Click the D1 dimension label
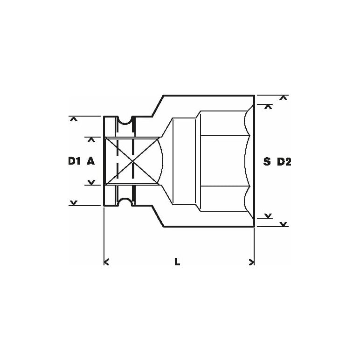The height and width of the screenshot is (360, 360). (x=74, y=161)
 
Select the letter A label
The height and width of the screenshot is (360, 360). (x=90, y=161)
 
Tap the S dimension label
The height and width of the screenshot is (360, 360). (x=267, y=162)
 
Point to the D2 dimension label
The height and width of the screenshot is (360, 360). (x=284, y=162)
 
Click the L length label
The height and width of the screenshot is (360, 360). (x=177, y=262)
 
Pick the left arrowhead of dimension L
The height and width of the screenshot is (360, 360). (x=106, y=262)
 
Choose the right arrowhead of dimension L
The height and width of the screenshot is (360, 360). (x=252, y=262)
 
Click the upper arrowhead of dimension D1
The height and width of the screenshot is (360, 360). (x=74, y=119)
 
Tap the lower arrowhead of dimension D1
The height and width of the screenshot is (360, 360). (x=74, y=202)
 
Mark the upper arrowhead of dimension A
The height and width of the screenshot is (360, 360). (x=91, y=140)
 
